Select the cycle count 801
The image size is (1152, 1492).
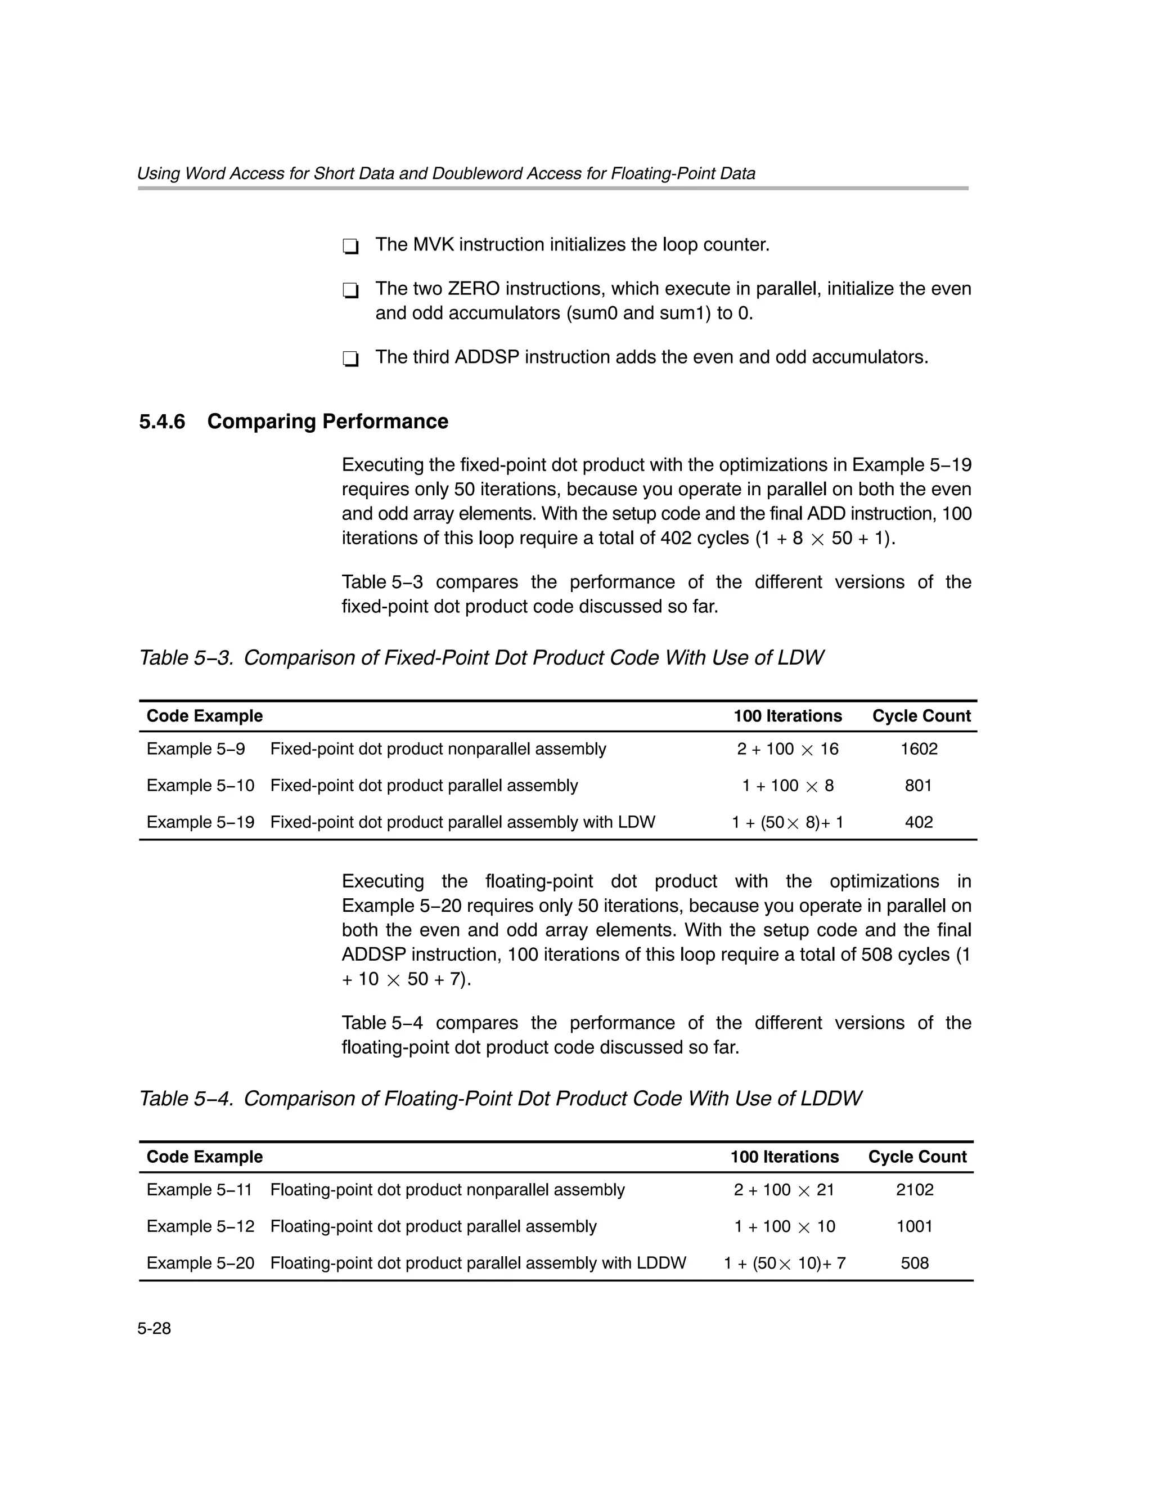coord(919,786)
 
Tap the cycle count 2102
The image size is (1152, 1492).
coord(915,1189)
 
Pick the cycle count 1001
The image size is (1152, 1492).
coord(915,1226)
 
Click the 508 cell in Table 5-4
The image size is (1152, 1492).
coord(915,1263)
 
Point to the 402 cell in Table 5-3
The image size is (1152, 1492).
coord(919,822)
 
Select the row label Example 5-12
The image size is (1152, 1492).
coord(200,1226)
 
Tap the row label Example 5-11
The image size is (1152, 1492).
coord(199,1189)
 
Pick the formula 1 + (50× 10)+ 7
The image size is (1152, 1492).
coord(785,1263)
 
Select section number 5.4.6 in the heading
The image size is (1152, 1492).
coord(162,422)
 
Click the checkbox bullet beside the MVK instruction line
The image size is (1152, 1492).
coord(350,246)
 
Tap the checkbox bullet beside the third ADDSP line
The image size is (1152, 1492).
coord(350,359)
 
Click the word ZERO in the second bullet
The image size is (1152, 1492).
coord(473,289)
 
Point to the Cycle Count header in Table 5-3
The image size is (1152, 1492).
coord(921,716)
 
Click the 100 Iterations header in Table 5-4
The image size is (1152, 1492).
coord(784,1157)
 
